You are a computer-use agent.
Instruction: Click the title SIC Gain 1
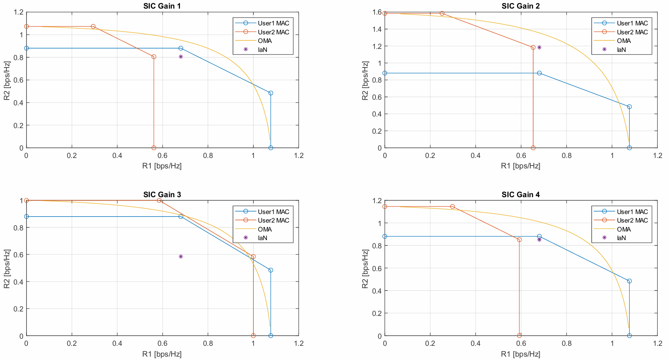pyautogui.click(x=162, y=6)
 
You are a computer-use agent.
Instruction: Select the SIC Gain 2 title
pyautogui.click(x=520, y=6)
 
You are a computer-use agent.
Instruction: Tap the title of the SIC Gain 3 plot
pyautogui.click(x=162, y=195)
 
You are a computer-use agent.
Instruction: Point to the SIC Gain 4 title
pyautogui.click(x=520, y=195)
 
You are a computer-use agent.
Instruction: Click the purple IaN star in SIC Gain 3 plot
pyautogui.click(x=181, y=257)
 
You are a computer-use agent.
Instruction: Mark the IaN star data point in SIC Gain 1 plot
pyautogui.click(x=181, y=57)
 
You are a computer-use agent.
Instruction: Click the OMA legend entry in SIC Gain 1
pyautogui.click(x=265, y=41)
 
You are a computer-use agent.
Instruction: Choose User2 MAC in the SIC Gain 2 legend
pyautogui.click(x=632, y=32)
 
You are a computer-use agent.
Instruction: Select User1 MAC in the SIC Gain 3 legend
pyautogui.click(x=273, y=212)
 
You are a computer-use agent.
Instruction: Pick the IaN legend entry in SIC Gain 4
pyautogui.click(x=621, y=238)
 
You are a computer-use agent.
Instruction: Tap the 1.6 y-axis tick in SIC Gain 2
pyautogui.click(x=377, y=12)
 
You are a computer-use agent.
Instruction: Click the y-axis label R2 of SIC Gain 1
pyautogui.click(x=7, y=81)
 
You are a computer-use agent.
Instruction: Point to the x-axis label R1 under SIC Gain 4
pyautogui.click(x=520, y=354)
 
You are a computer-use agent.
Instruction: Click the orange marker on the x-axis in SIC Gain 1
pyautogui.click(x=154, y=148)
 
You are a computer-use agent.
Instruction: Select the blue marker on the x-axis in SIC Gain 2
pyautogui.click(x=629, y=148)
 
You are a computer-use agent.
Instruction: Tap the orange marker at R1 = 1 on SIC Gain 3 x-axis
pyautogui.click(x=253, y=336)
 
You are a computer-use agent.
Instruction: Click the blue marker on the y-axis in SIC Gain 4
pyautogui.click(x=385, y=236)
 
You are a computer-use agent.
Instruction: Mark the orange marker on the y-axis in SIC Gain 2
pyautogui.click(x=385, y=13)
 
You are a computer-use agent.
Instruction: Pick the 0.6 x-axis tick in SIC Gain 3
pyautogui.click(x=162, y=344)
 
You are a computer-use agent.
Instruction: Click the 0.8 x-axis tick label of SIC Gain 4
pyautogui.click(x=566, y=344)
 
